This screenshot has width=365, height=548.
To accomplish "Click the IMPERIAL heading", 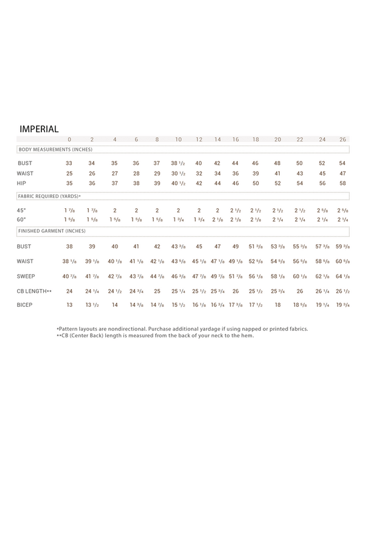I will pyautogui.click(x=39, y=129).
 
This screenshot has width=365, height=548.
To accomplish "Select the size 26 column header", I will pyautogui.click(x=342, y=140).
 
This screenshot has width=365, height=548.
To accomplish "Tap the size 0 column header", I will pyautogui.click(x=69, y=140).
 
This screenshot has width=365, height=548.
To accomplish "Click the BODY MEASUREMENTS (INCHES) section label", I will pyautogui.click(x=55, y=149).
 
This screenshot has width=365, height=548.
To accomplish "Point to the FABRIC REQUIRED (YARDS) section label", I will pyautogui.click(x=49, y=196).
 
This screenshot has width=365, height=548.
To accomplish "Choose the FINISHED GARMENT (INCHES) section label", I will pyautogui.click(x=52, y=231).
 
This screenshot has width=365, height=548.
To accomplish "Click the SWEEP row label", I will pyautogui.click(x=26, y=276).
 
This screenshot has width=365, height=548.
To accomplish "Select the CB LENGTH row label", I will pyautogui.click(x=34, y=291).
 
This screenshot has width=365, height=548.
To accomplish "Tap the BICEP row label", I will pyautogui.click(x=24, y=304).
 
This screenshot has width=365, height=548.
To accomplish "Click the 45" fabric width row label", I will pyautogui.click(x=22, y=210).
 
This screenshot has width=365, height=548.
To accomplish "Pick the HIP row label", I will pyautogui.click(x=22, y=183).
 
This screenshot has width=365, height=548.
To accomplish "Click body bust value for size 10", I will pyautogui.click(x=178, y=163).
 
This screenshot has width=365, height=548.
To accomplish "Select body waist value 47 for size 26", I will pyautogui.click(x=342, y=174).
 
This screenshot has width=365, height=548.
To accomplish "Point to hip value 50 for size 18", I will pyautogui.click(x=255, y=183).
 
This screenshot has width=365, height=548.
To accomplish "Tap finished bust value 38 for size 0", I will pyautogui.click(x=69, y=247).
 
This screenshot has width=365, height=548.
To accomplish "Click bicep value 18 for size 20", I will pyautogui.click(x=277, y=304).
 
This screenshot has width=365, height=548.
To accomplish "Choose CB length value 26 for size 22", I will pyautogui.click(x=299, y=291).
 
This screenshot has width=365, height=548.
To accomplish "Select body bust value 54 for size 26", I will pyautogui.click(x=342, y=163).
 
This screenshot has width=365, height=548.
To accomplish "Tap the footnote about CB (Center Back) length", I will pyautogui.click(x=155, y=335).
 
